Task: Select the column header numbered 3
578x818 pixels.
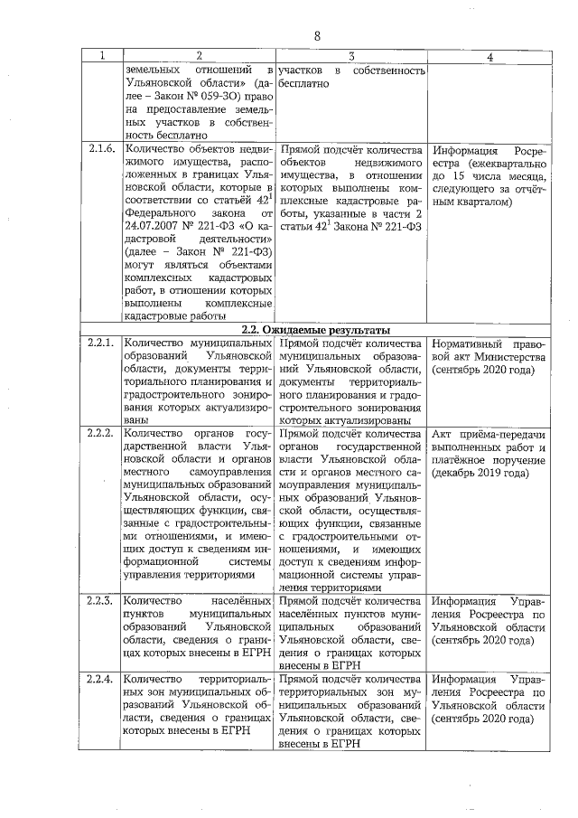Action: point(350,56)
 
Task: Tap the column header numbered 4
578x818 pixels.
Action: point(489,56)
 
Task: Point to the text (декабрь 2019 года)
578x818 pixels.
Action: point(479,472)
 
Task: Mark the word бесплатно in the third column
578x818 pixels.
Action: point(306,83)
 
